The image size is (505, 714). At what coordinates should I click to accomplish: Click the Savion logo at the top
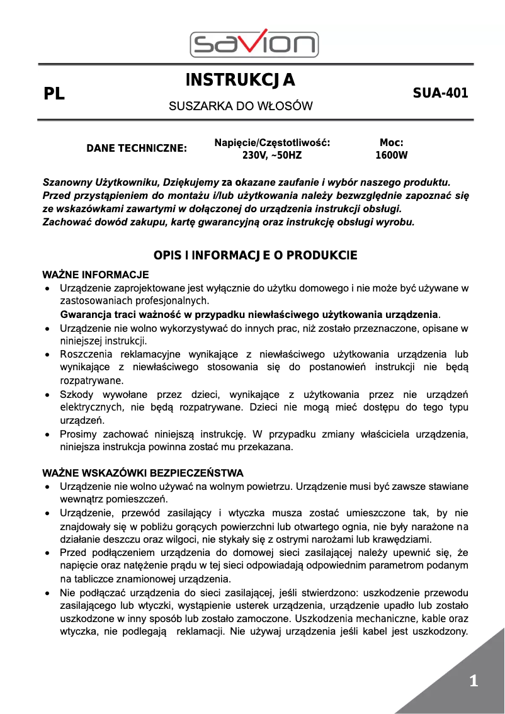[254, 43]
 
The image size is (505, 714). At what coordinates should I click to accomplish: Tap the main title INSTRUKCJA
[241, 80]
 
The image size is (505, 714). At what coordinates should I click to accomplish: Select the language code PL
[54, 95]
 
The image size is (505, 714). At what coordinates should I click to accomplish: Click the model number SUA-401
[440, 93]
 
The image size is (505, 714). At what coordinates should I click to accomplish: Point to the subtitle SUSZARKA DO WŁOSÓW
[241, 106]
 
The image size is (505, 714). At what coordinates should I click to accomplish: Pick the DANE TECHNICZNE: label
[137, 149]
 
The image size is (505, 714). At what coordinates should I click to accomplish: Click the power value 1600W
[391, 155]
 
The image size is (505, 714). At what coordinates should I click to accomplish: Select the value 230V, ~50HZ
[272, 155]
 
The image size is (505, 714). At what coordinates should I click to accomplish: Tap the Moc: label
[391, 143]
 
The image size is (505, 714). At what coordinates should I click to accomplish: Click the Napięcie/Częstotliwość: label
[272, 143]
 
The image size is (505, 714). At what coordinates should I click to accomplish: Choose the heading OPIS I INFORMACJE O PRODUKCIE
[255, 255]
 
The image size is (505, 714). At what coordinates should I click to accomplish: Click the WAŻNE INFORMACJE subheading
[95, 275]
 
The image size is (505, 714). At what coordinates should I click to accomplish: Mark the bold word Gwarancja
[85, 314]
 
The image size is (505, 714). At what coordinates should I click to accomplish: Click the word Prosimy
[78, 434]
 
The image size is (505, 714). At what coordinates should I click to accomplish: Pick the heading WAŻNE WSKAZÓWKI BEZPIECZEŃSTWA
[142, 473]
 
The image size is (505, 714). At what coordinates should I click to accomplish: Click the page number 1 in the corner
[474, 681]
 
